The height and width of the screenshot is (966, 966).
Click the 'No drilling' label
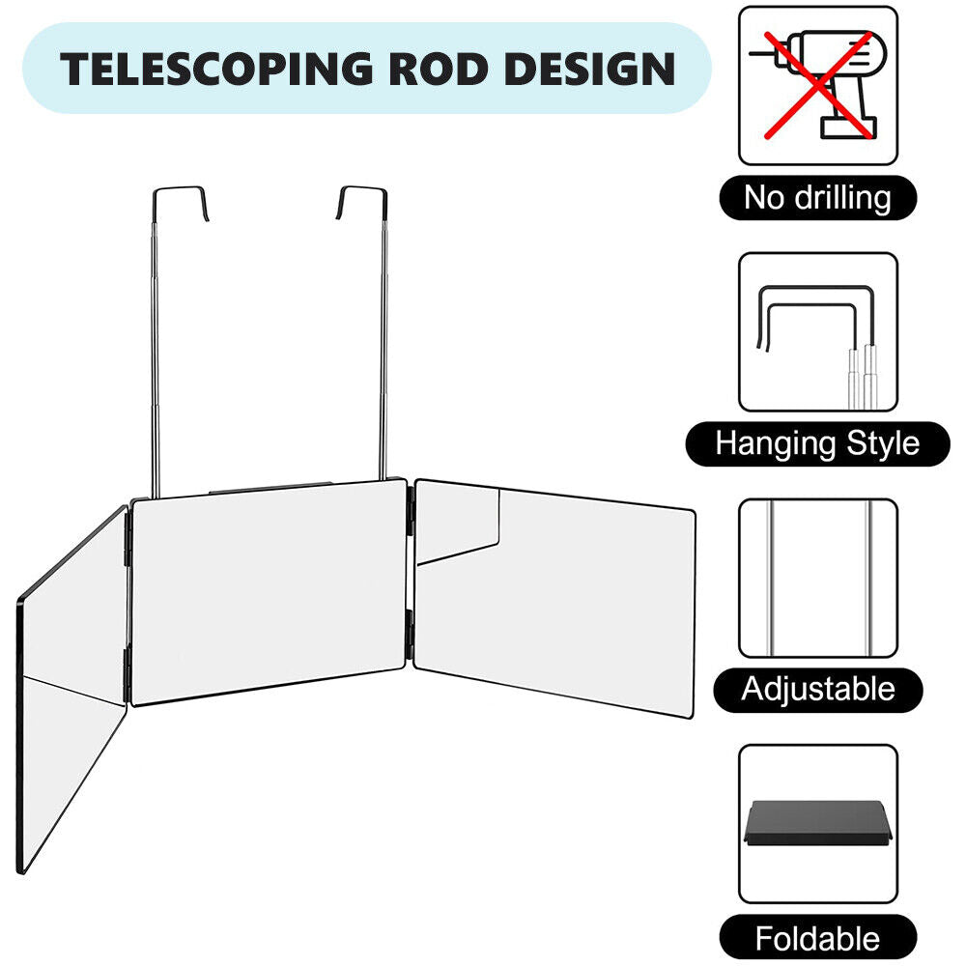point(817,198)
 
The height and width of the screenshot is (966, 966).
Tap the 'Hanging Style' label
point(817,444)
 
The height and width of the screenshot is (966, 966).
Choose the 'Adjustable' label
point(817,690)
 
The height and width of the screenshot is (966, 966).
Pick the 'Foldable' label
point(817,938)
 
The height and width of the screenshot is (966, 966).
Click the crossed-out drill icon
point(818,85)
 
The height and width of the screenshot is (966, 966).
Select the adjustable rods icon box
point(818,578)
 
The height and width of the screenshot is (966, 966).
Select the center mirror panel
point(268,591)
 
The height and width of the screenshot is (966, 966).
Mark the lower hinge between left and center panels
point(128,673)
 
